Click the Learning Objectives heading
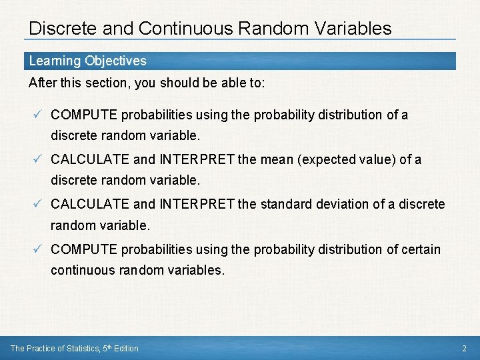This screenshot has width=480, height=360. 87,61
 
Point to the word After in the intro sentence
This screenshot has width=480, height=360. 42,83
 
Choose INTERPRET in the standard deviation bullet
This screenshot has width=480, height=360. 196,204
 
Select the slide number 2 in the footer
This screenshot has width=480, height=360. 464,348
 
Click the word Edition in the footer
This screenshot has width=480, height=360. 125,348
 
